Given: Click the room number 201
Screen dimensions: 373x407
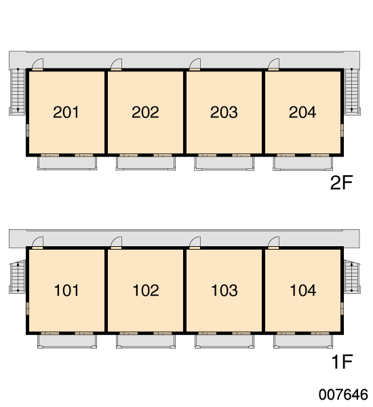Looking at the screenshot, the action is [x=66, y=112].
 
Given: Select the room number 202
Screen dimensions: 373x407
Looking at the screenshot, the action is [x=145, y=112].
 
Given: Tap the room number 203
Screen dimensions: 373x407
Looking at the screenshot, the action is [x=224, y=112].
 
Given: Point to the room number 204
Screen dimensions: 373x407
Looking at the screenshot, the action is [x=302, y=112].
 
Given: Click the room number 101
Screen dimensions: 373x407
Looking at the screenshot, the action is [x=66, y=290].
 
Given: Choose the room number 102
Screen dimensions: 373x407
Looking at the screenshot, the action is [x=146, y=290].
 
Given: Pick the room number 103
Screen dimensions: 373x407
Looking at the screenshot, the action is [x=224, y=290].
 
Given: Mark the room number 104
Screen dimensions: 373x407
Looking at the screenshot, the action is [x=303, y=290].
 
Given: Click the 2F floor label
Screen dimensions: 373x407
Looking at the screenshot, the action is [x=341, y=182].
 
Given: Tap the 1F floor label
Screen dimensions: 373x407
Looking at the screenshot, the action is [x=342, y=362].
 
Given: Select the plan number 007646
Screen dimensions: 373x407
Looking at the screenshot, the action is [x=343, y=395].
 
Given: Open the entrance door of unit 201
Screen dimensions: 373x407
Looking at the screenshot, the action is [x=37, y=64].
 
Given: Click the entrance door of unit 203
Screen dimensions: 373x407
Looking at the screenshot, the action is [x=195, y=64].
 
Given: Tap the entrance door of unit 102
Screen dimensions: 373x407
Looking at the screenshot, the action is [x=116, y=243].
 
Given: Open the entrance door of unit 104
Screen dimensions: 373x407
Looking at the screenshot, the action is [x=273, y=243].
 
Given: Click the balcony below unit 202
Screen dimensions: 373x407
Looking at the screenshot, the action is [x=146, y=163].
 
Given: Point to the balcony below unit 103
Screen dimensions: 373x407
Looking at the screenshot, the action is [x=224, y=341].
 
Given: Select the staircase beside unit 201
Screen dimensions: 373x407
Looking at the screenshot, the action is [x=18, y=92].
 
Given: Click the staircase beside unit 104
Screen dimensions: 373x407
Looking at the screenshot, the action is [x=352, y=277].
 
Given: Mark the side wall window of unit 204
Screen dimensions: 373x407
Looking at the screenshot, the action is [x=342, y=130].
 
